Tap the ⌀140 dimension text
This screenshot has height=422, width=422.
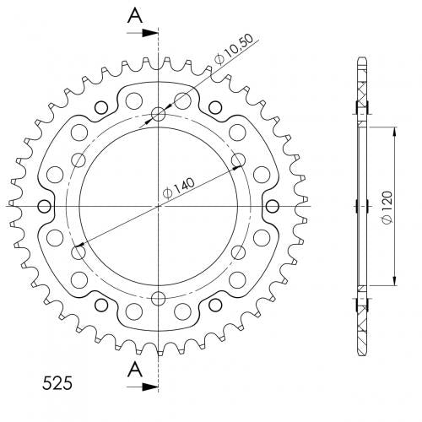point(179,189)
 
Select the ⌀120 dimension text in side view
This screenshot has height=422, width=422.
point(387,208)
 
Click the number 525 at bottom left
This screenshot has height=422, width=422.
point(57,383)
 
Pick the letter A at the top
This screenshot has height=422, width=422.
point(135,16)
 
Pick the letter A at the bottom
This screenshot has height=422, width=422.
point(135,370)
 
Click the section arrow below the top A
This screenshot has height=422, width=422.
point(143,33)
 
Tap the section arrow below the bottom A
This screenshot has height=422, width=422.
point(143,387)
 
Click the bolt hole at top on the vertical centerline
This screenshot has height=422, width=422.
point(159,114)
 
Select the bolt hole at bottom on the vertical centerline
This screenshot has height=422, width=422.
point(159,298)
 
